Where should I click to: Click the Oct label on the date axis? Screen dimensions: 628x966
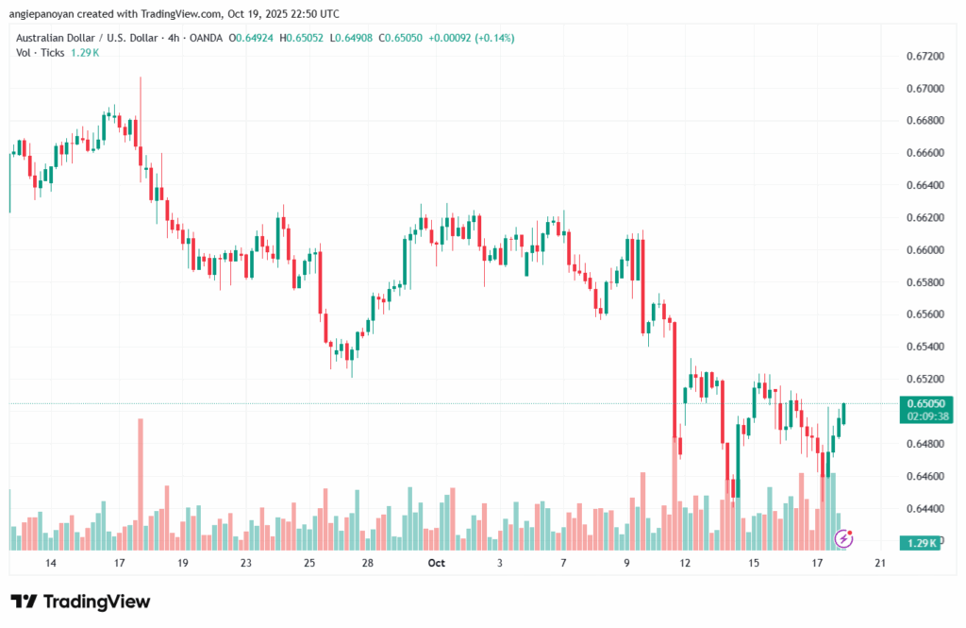pyautogui.click(x=436, y=563)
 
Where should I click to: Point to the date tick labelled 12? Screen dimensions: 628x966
pyautogui.click(x=686, y=563)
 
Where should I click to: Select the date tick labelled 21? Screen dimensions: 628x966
pyautogui.click(x=880, y=563)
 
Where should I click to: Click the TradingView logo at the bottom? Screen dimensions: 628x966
pyautogui.click(x=80, y=602)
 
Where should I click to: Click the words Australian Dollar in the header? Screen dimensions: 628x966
pyautogui.click(x=54, y=38)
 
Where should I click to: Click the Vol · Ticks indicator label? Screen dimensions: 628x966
pyautogui.click(x=41, y=52)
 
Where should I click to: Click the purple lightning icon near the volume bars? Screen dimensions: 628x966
pyautogui.click(x=845, y=539)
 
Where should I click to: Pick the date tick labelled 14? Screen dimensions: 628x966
pyautogui.click(x=51, y=563)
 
